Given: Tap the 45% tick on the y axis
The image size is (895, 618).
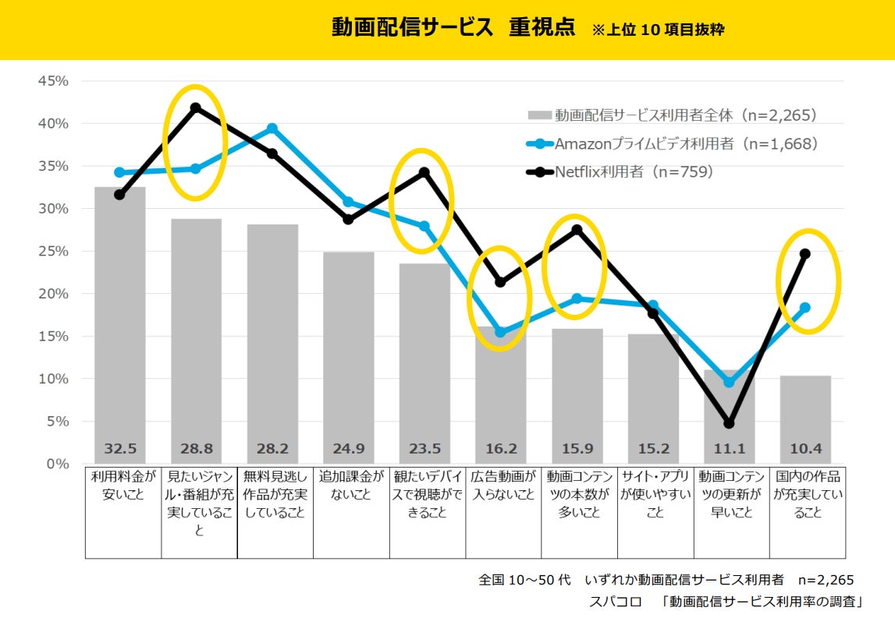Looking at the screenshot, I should (x=53, y=81).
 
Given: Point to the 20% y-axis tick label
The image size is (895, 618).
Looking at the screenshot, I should (x=53, y=294).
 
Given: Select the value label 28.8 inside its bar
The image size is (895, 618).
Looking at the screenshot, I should (x=196, y=449).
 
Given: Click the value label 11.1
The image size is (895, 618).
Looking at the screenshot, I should (x=729, y=449).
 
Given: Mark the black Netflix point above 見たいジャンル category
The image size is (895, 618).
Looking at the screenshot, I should (x=196, y=108).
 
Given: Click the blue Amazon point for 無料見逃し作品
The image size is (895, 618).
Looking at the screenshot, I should (x=272, y=129).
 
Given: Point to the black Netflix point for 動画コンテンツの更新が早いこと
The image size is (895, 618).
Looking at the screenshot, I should (x=729, y=423).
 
